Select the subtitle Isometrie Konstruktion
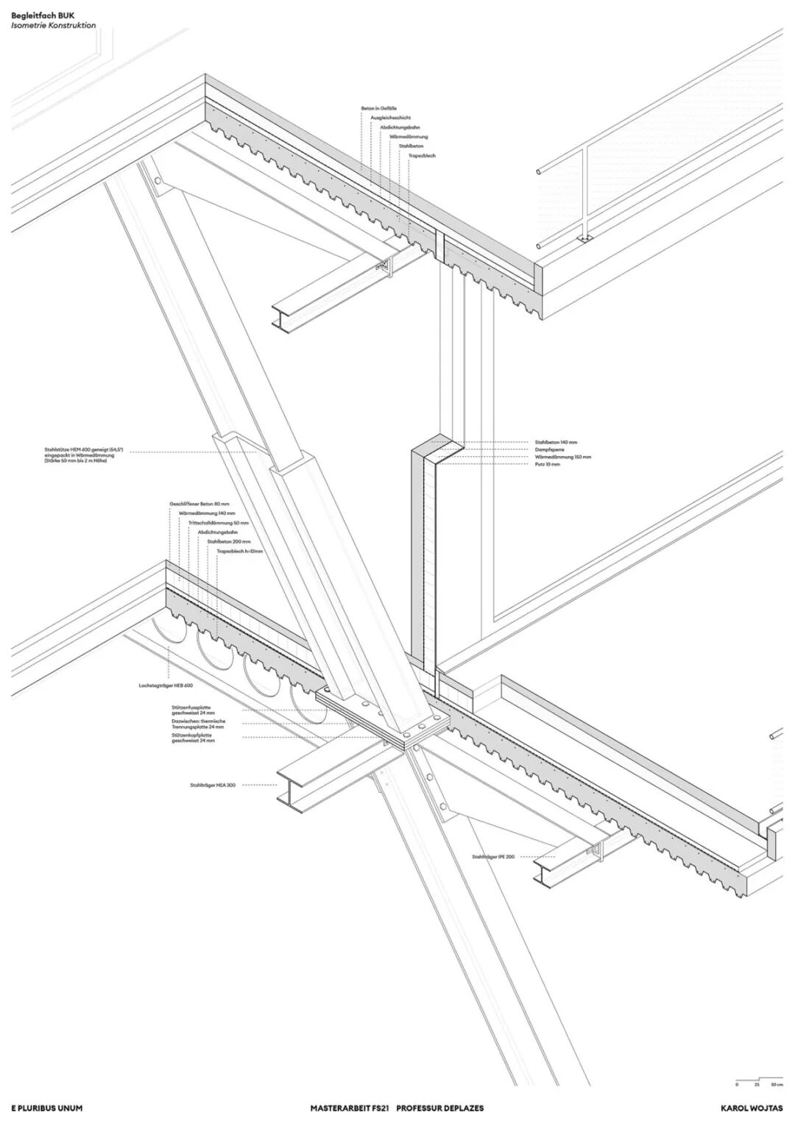point(53,25)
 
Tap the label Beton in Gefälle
point(379,108)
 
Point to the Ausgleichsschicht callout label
point(391,118)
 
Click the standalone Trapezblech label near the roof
point(423,156)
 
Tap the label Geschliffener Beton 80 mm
point(200,504)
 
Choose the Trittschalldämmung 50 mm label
point(219,523)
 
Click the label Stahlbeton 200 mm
point(229,541)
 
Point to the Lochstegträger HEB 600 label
point(165,685)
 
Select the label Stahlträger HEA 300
point(212,786)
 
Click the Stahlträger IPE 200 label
point(494,857)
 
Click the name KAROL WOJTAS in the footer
point(752,1108)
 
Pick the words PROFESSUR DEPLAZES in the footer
point(440,1108)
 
